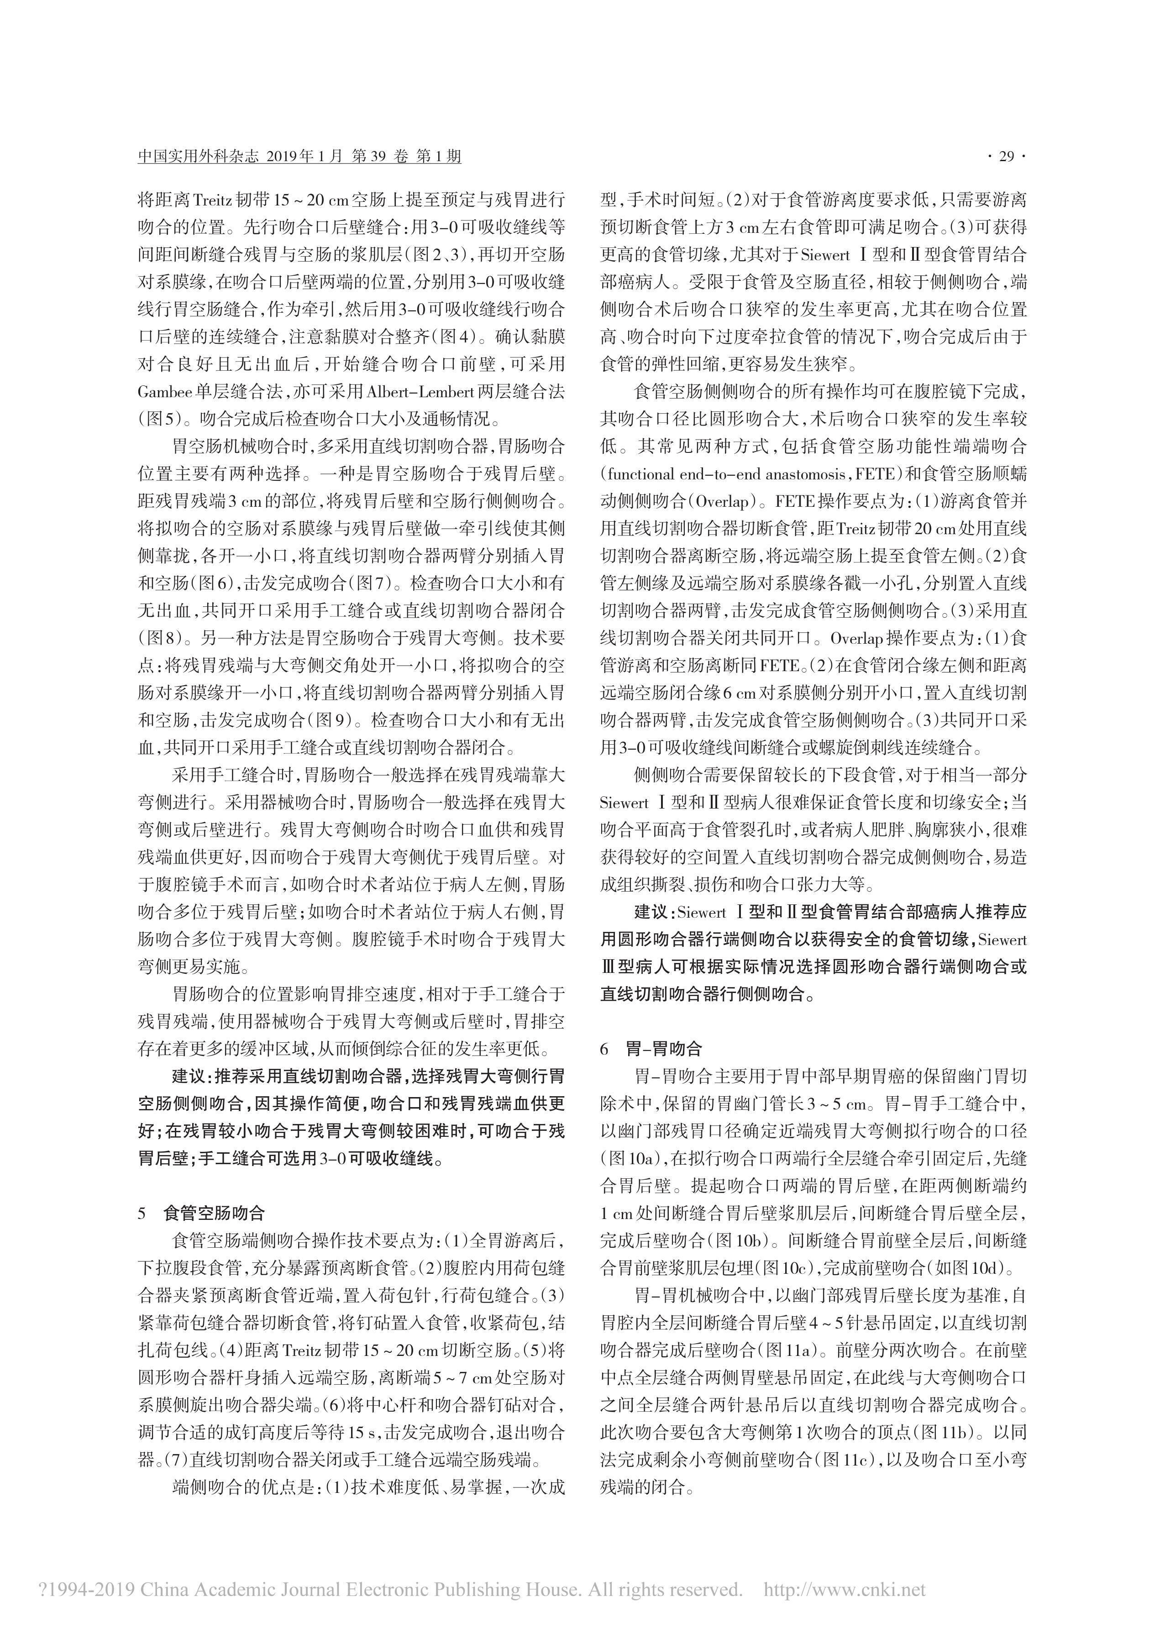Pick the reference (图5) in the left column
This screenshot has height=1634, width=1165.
[x=160, y=418]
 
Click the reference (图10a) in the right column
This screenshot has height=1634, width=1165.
[x=629, y=1158]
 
